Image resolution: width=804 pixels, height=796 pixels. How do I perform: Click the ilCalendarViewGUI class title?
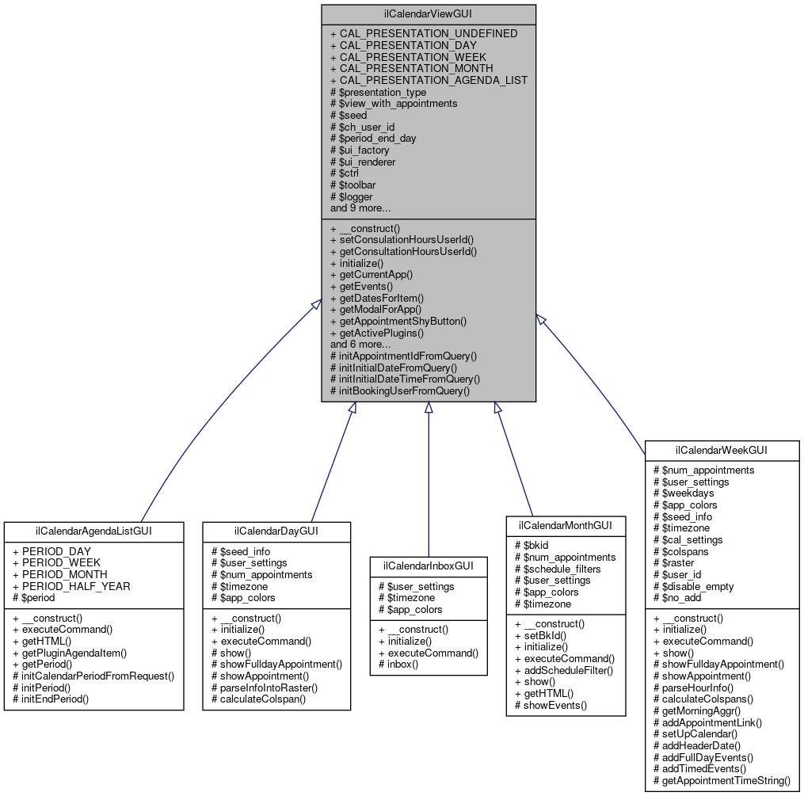coord(429,14)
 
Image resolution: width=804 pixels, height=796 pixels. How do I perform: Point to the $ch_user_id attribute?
coord(362,127)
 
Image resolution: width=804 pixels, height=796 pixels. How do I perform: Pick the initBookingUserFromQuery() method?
coord(400,390)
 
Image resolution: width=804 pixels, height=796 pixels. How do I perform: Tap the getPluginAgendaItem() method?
coord(70,653)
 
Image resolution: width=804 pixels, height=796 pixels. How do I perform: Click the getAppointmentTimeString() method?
coord(722,780)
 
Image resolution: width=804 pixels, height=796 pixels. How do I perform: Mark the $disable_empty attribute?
coord(693,586)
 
